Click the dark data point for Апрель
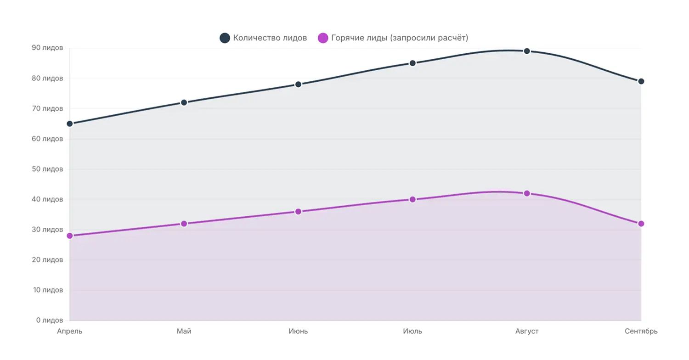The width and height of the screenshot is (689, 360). coord(70,124)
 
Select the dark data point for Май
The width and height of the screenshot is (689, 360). coord(184,102)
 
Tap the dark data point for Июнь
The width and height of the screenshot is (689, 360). coord(298,84)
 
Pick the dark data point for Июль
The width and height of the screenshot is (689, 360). coord(412,63)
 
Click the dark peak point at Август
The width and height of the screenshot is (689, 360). coord(527,51)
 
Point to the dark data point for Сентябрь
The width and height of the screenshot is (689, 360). coord(641,81)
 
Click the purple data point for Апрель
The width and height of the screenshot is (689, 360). coord(70,236)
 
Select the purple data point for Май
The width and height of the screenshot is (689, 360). coord(184,224)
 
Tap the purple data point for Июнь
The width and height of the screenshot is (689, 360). coord(298,212)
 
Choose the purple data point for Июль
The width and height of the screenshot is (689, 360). coord(412,199)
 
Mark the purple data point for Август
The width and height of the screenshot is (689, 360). coord(527,193)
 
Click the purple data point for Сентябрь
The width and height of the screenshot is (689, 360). coord(641,224)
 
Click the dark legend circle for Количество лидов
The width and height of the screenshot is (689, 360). coord(225,38)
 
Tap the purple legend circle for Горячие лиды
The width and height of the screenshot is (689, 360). coord(323,38)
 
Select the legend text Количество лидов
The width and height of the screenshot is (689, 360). coord(270,38)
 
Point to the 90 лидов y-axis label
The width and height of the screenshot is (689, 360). coord(47,48)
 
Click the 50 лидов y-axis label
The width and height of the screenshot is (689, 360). coord(47,169)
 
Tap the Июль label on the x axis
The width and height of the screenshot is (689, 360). coord(412,332)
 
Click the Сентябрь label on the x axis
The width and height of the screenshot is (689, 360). coord(641,332)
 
